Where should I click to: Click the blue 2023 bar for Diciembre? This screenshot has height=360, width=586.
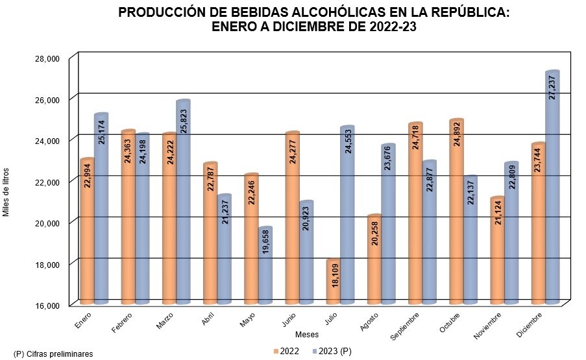click(x=552, y=188)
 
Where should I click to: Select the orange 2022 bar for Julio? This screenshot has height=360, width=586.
click(x=333, y=283)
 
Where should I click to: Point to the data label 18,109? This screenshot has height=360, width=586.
click(x=335, y=274)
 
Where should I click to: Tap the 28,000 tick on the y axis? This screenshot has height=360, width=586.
click(x=47, y=58)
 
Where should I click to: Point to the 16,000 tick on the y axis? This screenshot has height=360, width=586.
click(x=47, y=305)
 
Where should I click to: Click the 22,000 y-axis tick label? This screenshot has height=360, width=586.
click(x=47, y=182)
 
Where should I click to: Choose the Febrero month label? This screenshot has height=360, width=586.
click(x=123, y=322)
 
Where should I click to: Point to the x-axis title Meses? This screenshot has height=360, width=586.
click(x=306, y=334)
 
